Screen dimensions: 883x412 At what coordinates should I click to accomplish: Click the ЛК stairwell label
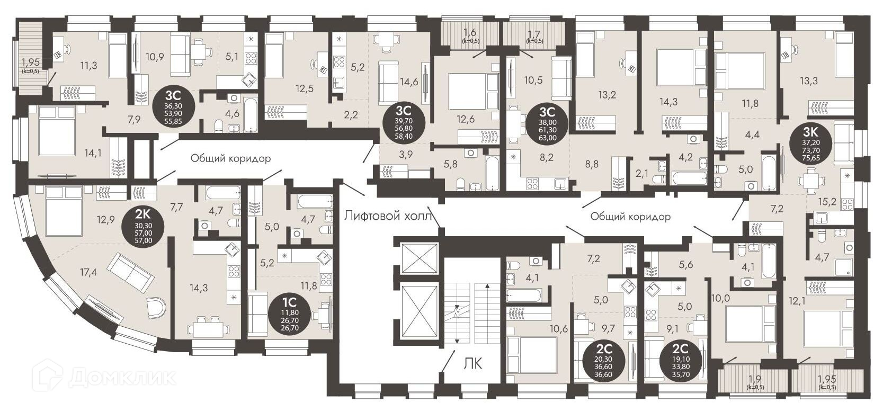(x=472, y=363)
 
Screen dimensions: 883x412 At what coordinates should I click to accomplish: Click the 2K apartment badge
(x=143, y=226)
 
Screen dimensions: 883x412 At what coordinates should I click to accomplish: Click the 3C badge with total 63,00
(x=547, y=124)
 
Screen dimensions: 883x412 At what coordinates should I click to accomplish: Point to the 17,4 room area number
(x=88, y=272)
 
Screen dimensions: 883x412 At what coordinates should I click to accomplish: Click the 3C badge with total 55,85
(x=173, y=108)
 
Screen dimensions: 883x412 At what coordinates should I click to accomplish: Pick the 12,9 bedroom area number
(x=105, y=220)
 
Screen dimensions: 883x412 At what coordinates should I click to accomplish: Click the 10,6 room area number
(x=559, y=328)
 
